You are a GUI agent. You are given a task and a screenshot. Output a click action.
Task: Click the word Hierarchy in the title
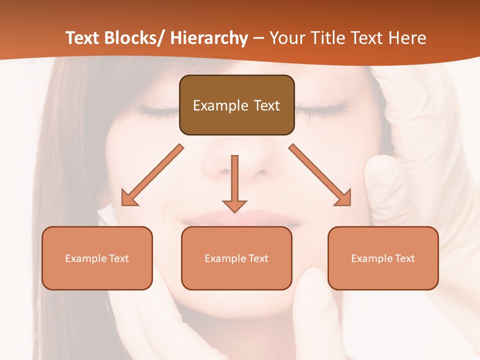209,38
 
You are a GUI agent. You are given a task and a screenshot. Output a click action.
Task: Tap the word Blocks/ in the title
133,38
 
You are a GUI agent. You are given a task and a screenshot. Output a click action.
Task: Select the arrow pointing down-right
320,175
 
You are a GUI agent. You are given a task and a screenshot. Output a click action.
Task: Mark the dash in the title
258,38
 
